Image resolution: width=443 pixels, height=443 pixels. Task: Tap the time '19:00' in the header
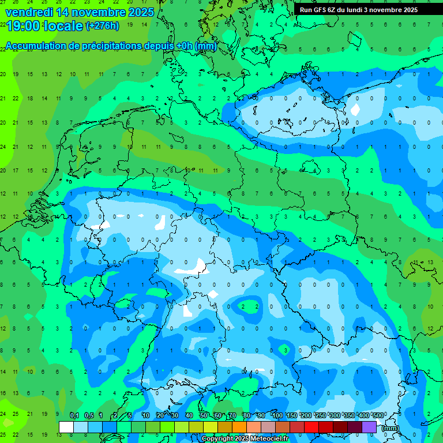pos(21,25)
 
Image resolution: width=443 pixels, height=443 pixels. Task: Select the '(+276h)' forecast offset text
pos(102,25)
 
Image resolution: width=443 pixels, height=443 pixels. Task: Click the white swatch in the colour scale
pos(66,427)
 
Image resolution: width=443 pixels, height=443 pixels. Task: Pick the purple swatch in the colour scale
pos(369,427)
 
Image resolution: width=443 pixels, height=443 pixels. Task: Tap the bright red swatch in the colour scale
pos(311,427)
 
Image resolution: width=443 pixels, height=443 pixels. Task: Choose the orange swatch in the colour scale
pos(239,427)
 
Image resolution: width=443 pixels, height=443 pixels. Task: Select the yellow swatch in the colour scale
pos(211,427)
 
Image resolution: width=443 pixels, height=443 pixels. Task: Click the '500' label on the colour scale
pos(378,415)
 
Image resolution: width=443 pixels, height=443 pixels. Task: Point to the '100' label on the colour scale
pos(277,415)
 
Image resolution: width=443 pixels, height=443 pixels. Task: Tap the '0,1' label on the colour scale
pos(74,415)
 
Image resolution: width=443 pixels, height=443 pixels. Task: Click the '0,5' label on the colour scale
pos(89,415)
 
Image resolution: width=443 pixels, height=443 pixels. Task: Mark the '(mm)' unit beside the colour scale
pos(391,428)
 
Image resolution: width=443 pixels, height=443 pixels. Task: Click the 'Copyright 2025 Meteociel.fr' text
pos(245,439)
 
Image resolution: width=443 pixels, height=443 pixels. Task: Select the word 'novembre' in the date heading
pos(99,12)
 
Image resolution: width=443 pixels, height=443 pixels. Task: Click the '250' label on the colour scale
pos(321,415)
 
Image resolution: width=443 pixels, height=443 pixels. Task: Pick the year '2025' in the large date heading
pos(141,12)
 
